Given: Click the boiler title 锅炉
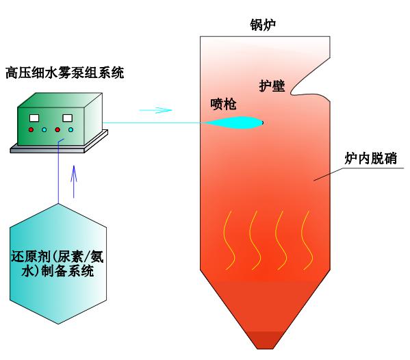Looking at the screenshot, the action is coord(263,25).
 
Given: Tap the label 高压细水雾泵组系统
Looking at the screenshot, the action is coord(65,73).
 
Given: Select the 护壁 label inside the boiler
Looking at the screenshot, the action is coord(272,86).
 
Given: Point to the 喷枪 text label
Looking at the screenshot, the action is coord(223,104).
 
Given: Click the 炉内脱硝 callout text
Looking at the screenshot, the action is coord(371,158).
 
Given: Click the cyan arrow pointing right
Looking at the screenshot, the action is coord(155,110).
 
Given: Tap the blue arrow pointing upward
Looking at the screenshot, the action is coord(74,181).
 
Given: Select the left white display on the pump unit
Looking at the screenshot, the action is coord(34,118).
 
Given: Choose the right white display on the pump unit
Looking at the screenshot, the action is coord(68,118).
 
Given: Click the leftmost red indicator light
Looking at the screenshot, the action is coord(31,129).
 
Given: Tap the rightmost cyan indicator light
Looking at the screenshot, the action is coord(71,129).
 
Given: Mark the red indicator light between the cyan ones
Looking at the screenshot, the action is coord(57,129).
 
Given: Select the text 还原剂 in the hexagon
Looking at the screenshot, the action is coord(31,257).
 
